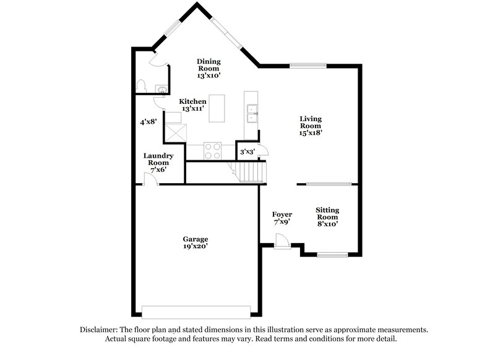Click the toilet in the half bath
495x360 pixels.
[142, 85]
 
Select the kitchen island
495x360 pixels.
[217, 109]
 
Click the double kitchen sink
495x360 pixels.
[251, 114]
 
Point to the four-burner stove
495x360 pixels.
[212, 151]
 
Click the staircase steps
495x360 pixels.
[251, 169]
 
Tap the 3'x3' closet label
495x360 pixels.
[247, 151]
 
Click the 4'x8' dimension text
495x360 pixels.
[147, 122]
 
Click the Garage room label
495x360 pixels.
[195, 242]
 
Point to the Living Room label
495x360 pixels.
[311, 125]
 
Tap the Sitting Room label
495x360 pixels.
[327, 217]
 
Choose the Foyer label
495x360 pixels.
[282, 218]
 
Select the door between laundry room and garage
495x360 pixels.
[150, 180]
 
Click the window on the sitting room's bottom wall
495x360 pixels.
[333, 254]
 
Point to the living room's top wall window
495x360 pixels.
[304, 66]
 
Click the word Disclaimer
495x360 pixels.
[101, 330]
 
